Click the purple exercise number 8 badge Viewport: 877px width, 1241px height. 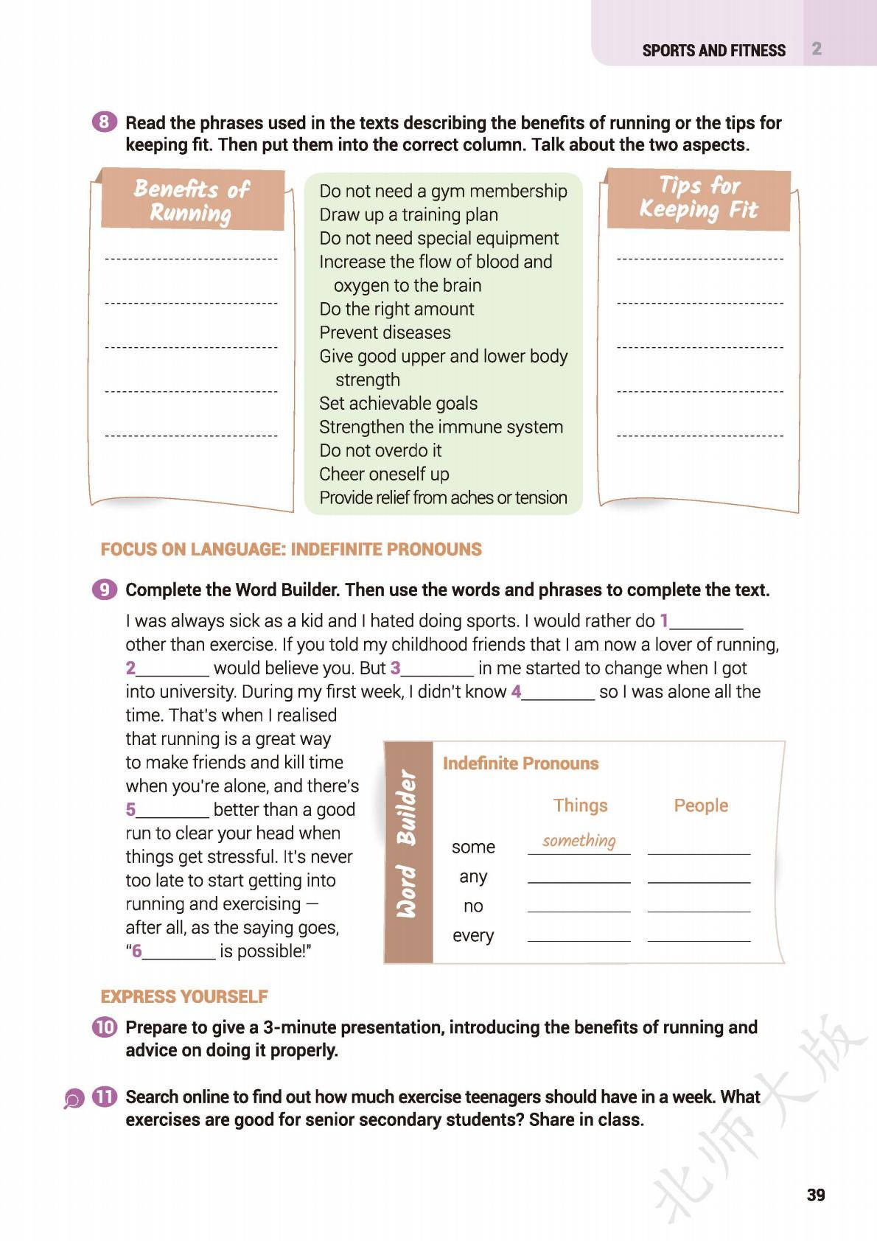point(105,122)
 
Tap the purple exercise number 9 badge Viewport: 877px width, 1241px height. point(105,590)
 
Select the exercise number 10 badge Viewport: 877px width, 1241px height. point(105,1027)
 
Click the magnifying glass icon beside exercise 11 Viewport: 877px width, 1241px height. point(74,1100)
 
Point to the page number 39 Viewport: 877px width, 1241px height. point(815,1195)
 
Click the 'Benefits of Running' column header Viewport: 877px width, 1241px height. point(192,200)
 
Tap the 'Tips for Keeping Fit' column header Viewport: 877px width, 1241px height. point(698,197)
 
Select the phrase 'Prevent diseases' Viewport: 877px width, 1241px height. point(385,332)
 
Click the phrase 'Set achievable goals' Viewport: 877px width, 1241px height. point(398,403)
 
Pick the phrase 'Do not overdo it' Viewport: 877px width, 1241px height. point(380,450)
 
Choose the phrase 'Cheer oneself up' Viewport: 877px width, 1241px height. point(384,474)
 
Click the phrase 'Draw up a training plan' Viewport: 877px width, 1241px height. point(408,214)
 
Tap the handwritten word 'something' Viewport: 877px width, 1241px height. point(579,841)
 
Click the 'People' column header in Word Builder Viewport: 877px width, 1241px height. point(700,805)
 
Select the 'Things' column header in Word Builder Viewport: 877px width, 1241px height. point(580,805)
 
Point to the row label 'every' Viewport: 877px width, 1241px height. point(473,935)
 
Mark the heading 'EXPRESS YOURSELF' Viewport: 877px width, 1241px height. point(184,996)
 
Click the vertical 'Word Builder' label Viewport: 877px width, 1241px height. point(408,845)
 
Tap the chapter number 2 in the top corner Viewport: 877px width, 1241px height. point(817,49)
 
